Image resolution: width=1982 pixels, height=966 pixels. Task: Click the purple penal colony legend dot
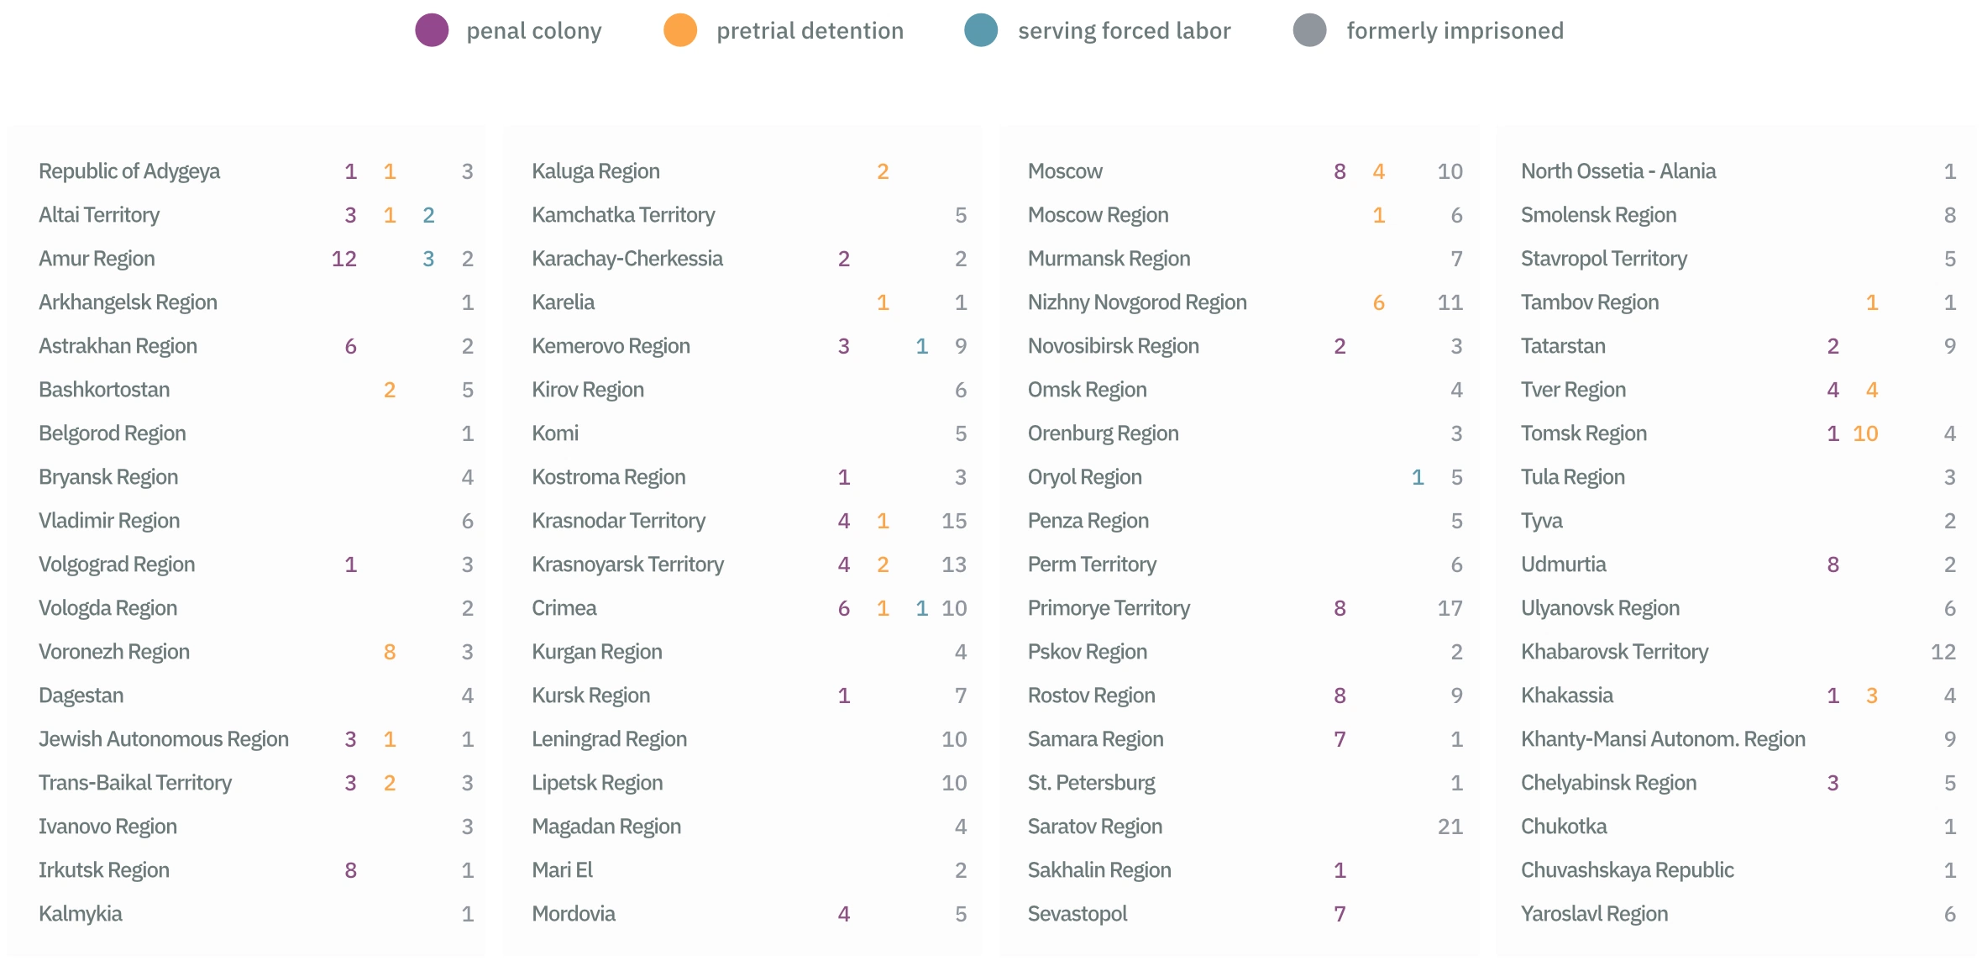(x=432, y=31)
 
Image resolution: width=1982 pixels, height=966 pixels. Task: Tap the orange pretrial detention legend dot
(x=680, y=31)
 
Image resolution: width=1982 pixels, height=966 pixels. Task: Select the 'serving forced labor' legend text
(x=1124, y=31)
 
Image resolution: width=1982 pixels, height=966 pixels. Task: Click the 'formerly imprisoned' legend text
(x=1455, y=31)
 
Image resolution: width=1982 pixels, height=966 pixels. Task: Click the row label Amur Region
(x=97, y=259)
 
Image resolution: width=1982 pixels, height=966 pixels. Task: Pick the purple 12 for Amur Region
(x=344, y=259)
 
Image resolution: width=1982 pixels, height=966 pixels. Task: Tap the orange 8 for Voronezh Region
(x=390, y=652)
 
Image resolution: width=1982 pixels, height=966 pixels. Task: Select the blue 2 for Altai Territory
(x=428, y=215)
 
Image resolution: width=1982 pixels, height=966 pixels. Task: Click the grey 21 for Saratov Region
(x=1450, y=827)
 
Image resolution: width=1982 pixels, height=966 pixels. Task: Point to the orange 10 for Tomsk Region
(x=1865, y=433)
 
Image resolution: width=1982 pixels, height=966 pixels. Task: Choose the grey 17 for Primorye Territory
(x=1450, y=608)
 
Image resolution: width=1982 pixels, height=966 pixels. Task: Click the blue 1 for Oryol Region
(x=1418, y=477)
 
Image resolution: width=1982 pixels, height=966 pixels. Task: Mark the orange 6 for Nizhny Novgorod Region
(x=1378, y=302)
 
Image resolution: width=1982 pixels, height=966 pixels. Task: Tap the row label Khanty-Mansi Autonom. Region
(x=1663, y=739)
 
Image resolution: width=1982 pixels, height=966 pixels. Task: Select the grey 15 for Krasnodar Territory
(x=954, y=521)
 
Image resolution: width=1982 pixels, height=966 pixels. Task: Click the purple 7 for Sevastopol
(x=1340, y=914)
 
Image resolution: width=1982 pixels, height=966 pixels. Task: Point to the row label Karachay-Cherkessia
(x=627, y=259)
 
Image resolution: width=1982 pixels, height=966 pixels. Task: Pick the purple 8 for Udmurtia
(x=1833, y=564)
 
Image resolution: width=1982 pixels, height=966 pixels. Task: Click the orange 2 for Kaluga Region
(x=883, y=171)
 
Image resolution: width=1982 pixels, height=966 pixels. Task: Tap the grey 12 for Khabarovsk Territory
(x=1943, y=652)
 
